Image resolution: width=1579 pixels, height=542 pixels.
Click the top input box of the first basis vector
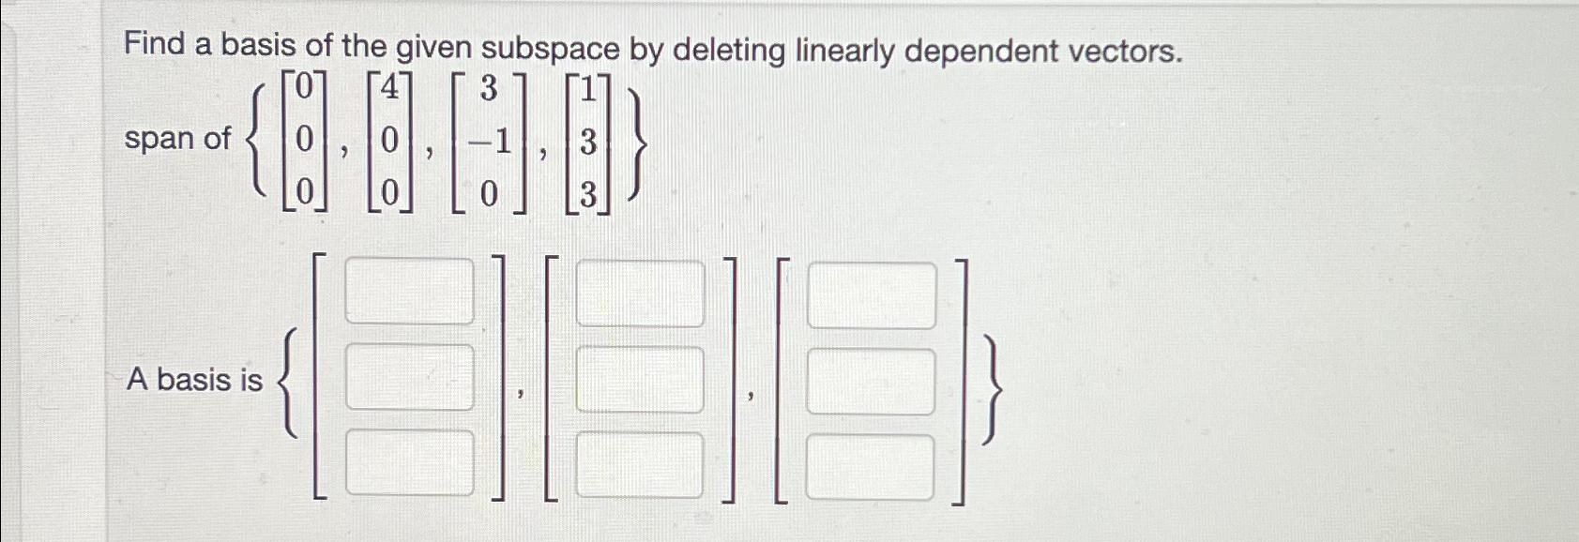(410, 292)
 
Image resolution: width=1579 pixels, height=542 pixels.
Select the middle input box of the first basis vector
(410, 377)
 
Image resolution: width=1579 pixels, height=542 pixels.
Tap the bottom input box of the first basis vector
(410, 461)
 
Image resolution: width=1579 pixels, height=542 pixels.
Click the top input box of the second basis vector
(640, 294)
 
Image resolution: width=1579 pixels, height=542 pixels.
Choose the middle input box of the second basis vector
(640, 379)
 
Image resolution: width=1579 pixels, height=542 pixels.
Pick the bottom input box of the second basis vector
(640, 464)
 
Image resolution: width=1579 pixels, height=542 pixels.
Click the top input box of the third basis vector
(872, 295)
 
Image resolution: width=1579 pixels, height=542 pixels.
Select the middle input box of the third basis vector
(872, 382)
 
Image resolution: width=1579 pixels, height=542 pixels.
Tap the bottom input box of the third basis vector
(872, 467)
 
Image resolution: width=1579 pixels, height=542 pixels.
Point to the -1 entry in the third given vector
(490, 143)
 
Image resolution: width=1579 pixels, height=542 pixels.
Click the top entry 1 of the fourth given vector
(588, 92)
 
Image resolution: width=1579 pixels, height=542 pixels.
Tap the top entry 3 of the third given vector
(488, 91)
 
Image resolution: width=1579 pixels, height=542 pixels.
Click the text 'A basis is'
(194, 379)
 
